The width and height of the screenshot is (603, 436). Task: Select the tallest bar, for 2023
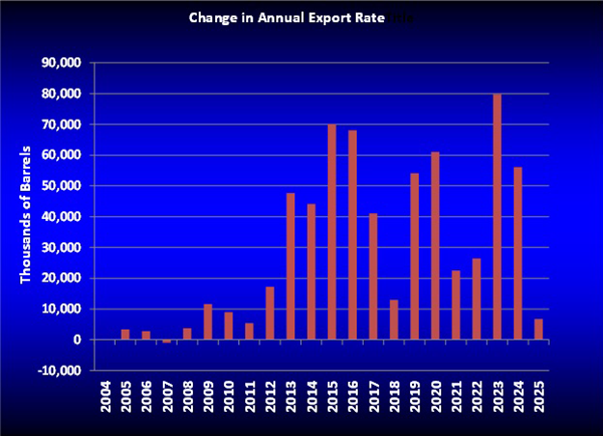click(497, 217)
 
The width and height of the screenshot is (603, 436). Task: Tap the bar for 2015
click(332, 232)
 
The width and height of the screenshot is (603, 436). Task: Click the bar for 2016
click(352, 235)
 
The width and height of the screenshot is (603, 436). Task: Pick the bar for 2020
click(435, 246)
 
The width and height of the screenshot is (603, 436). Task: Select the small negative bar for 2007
click(166, 341)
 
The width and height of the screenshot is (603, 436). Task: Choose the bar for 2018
click(394, 320)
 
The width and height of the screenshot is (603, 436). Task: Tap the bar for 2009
click(207, 322)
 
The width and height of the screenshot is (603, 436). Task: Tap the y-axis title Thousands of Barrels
click(26, 216)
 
